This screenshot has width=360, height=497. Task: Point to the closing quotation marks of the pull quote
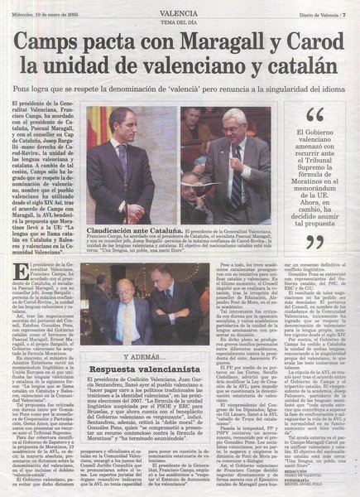pyautogui.click(x=315, y=240)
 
